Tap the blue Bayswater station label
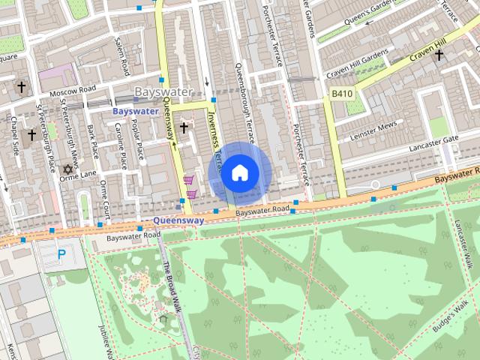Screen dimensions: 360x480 (135, 111)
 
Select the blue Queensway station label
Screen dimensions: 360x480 (178, 221)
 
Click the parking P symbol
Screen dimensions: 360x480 (61, 255)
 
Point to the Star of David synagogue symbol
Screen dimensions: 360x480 (69, 170)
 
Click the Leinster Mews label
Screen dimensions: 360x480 (371, 129)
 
